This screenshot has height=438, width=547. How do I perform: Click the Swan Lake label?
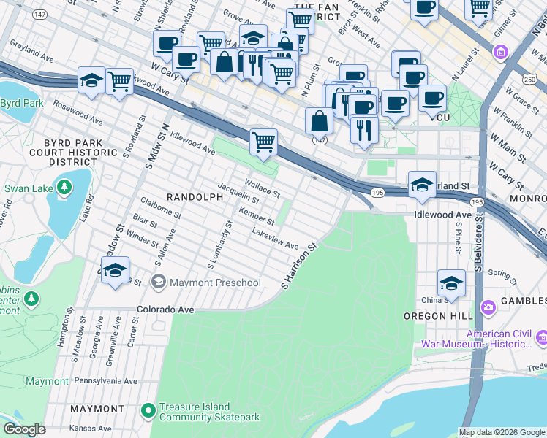click(x=29, y=188)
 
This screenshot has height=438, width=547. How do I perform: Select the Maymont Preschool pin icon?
click(x=158, y=283)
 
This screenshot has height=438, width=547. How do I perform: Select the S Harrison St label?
click(x=300, y=265)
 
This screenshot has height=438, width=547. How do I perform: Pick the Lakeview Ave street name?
click(x=275, y=239)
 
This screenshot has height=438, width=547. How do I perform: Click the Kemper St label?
click(x=256, y=217)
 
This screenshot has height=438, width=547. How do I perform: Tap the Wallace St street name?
click(x=263, y=189)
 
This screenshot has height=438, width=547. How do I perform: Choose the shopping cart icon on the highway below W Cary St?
click(x=263, y=142)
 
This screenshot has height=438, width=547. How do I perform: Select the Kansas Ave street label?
click(x=91, y=428)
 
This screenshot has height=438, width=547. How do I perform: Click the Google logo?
click(x=24, y=429)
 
